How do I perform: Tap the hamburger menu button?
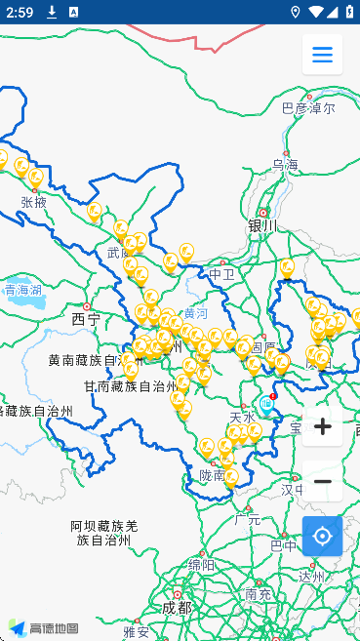click(x=322, y=55)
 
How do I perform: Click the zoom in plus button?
click(x=322, y=426)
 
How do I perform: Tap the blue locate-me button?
click(x=322, y=536)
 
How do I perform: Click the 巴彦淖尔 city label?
click(x=307, y=108)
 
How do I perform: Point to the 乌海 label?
click(x=286, y=165)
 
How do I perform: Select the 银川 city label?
click(x=262, y=225)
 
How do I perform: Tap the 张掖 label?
click(x=33, y=202)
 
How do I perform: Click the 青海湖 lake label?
click(x=22, y=290)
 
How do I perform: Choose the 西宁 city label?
click(x=86, y=319)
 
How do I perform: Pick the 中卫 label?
click(x=222, y=274)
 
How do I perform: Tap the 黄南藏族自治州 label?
click(x=89, y=360)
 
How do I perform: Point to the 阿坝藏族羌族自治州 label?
click(x=103, y=532)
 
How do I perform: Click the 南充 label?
click(x=259, y=593)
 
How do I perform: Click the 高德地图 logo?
click(x=43, y=628)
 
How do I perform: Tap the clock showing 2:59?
click(x=19, y=12)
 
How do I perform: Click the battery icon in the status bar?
click(x=348, y=12)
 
